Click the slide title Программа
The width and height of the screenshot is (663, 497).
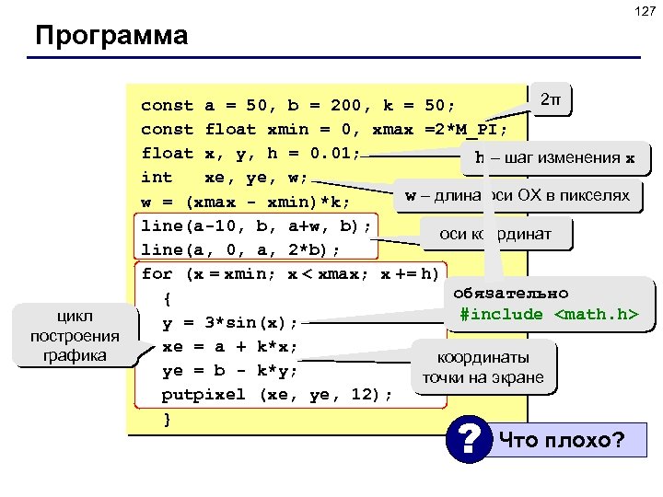tap(110, 38)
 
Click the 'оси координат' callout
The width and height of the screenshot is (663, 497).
tap(495, 234)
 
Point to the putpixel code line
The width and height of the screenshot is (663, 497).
tap(277, 395)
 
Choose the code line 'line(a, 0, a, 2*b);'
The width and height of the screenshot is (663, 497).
tap(240, 249)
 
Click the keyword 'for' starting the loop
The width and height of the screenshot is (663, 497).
tap(157, 273)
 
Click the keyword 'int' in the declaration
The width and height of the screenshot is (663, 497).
tap(156, 177)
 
